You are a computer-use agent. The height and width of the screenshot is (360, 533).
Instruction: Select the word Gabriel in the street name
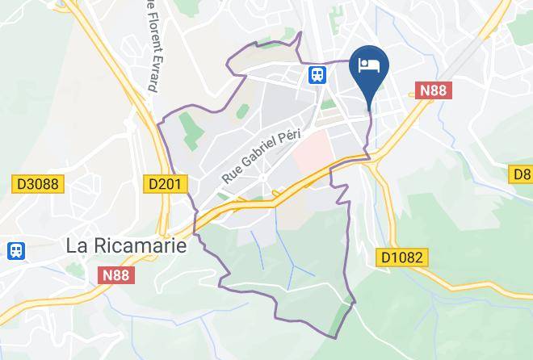[x=259, y=151]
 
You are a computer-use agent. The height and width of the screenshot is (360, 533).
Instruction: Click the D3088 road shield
[x=38, y=184]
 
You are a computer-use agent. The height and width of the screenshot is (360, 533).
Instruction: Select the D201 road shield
[x=167, y=184]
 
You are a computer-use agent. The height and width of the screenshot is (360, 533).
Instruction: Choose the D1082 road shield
[x=402, y=257]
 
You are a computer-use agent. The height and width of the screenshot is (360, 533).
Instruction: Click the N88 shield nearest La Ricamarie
[x=119, y=276]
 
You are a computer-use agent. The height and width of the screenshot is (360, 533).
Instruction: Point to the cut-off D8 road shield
[x=522, y=174]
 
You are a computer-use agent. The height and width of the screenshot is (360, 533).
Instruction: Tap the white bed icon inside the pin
[x=369, y=64]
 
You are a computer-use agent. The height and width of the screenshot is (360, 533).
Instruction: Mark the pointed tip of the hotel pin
[x=369, y=108]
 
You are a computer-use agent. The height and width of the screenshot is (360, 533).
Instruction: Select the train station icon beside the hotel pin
[x=317, y=75]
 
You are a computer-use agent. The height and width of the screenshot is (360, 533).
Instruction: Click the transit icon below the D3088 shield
[x=15, y=250]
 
